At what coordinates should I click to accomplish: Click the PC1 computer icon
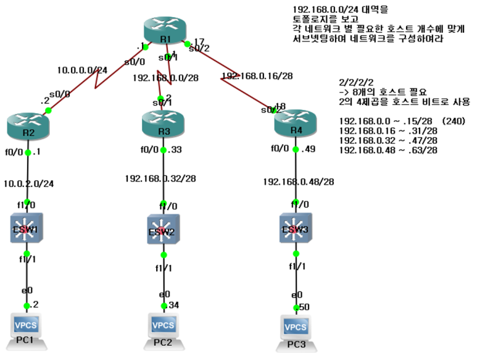click(27, 327)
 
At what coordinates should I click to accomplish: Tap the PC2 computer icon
click(163, 327)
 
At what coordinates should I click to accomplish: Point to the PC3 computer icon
click(296, 329)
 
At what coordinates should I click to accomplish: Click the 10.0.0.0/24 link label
click(82, 70)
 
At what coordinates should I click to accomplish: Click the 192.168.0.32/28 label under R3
click(160, 178)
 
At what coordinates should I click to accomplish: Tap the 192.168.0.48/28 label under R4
click(299, 181)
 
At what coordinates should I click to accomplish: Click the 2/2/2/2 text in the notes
click(356, 82)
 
